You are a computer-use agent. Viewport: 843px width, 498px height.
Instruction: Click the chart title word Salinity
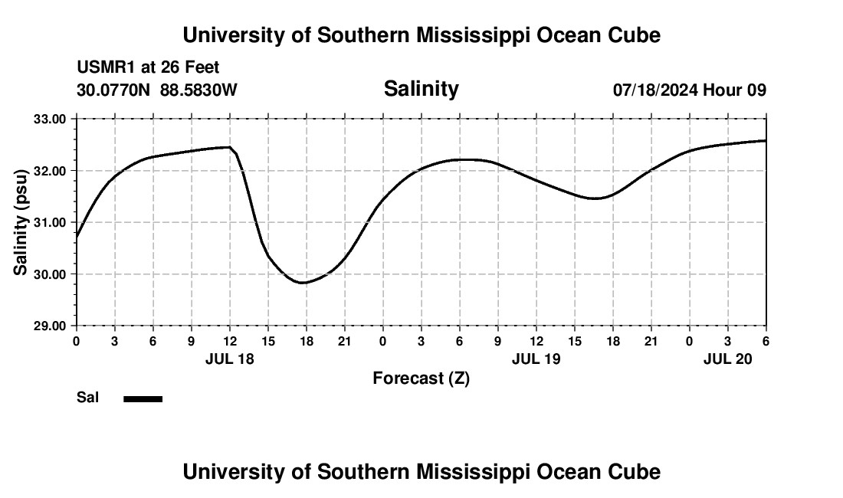click(x=421, y=89)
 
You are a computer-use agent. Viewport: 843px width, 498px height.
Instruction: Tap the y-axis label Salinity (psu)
click(x=21, y=222)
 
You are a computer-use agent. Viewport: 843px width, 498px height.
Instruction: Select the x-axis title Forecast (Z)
click(x=421, y=378)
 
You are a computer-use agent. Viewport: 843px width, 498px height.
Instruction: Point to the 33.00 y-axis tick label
click(x=49, y=119)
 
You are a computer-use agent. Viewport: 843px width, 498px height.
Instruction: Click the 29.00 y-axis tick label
click(x=49, y=326)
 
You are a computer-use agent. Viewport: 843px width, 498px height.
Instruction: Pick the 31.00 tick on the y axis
click(x=49, y=222)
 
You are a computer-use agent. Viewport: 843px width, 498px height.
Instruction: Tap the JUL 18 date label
click(x=230, y=359)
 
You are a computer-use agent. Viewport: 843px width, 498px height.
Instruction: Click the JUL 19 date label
click(x=536, y=359)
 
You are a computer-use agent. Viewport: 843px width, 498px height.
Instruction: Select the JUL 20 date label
click(x=728, y=359)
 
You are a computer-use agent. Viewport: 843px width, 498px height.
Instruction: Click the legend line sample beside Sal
click(x=143, y=398)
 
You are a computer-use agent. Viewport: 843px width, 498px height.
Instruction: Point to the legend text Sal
click(x=87, y=398)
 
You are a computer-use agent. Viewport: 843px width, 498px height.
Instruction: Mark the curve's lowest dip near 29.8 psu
click(x=303, y=283)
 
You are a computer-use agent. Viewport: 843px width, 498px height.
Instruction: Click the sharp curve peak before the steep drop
click(x=230, y=147)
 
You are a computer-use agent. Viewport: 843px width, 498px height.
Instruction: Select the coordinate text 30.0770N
click(x=113, y=90)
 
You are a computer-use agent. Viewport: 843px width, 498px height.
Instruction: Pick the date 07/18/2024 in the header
click(x=655, y=90)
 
